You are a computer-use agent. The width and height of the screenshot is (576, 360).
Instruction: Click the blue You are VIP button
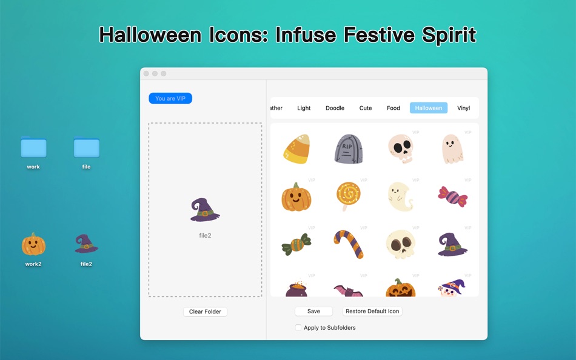[170, 98]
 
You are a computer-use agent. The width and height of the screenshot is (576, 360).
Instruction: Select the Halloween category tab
[428, 108]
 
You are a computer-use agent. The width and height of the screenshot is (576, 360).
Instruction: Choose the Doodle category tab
[335, 108]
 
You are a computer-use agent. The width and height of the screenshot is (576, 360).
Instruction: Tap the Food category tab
[393, 108]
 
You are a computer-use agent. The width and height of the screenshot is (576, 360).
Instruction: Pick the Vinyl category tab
[464, 108]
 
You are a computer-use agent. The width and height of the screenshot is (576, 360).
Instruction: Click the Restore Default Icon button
[372, 311]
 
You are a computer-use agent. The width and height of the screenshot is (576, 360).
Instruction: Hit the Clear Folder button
[205, 312]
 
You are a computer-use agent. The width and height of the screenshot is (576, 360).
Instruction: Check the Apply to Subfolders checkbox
[298, 327]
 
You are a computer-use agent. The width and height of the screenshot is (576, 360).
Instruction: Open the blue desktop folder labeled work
[33, 147]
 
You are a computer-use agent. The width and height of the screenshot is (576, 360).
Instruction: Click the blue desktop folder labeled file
[86, 147]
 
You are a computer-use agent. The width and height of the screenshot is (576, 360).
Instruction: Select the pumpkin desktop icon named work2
[33, 244]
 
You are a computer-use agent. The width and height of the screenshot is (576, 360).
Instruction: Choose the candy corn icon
[297, 148]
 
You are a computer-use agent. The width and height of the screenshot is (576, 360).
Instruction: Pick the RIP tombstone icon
[349, 148]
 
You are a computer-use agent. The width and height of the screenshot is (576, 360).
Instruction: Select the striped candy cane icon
[349, 244]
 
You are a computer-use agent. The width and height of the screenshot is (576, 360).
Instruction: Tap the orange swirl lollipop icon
[348, 196]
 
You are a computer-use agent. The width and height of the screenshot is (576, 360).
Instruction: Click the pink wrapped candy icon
[452, 197]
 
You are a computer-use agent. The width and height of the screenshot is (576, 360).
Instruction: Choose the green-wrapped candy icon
[296, 244]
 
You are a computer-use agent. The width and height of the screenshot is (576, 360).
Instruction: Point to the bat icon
[348, 291]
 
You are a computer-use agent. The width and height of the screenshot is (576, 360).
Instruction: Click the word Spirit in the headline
[449, 35]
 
